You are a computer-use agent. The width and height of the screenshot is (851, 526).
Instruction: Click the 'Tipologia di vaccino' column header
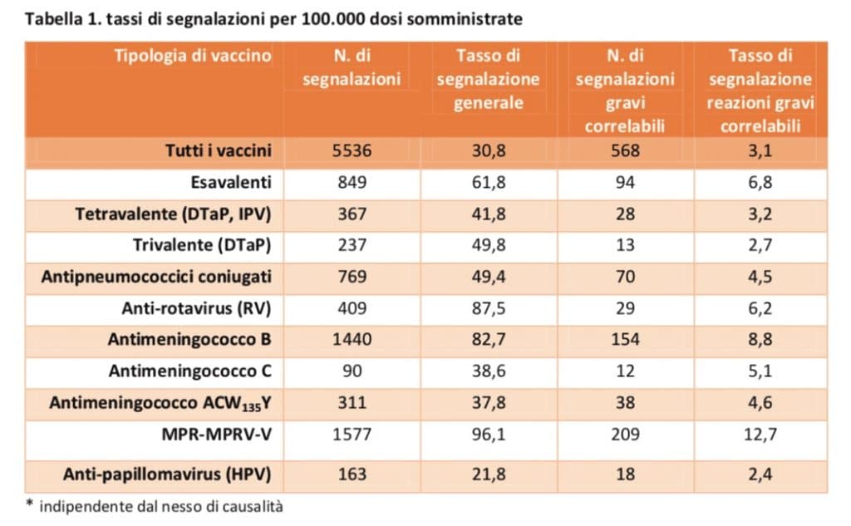pos(193,56)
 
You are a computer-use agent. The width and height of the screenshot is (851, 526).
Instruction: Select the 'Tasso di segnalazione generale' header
pos(489,79)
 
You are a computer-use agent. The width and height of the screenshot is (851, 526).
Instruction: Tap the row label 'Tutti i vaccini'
pos(219,150)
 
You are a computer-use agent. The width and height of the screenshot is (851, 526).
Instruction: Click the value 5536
pos(352,150)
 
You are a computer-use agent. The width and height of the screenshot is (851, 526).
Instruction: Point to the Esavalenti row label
pos(231,182)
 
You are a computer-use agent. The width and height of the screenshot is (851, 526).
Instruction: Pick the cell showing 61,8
pos(489,182)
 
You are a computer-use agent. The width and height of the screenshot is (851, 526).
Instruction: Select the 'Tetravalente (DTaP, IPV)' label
pos(173,214)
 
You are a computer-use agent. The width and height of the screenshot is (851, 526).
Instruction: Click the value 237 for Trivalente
pos(352,245)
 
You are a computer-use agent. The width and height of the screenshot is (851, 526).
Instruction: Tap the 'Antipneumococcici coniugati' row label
pos(156,277)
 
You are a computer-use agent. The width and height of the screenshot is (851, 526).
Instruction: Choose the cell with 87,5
pos(489,308)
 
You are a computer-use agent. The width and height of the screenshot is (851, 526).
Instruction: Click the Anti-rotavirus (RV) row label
pos(196,308)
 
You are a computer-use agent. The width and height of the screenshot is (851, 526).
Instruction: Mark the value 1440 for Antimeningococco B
pos(352,340)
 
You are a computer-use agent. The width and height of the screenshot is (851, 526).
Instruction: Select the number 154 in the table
pos(625,340)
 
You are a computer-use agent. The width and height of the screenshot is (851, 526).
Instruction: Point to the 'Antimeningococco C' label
pos(190,371)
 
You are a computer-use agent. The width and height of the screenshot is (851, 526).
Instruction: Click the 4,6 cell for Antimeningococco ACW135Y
pos(760,403)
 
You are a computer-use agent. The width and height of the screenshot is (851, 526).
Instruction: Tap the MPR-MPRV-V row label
pos(217,435)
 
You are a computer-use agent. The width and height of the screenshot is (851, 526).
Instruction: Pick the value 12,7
pos(760,435)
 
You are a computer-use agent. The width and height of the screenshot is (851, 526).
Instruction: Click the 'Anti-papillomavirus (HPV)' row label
pos(167,474)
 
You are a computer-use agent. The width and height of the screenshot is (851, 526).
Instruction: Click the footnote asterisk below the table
pos(29,504)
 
